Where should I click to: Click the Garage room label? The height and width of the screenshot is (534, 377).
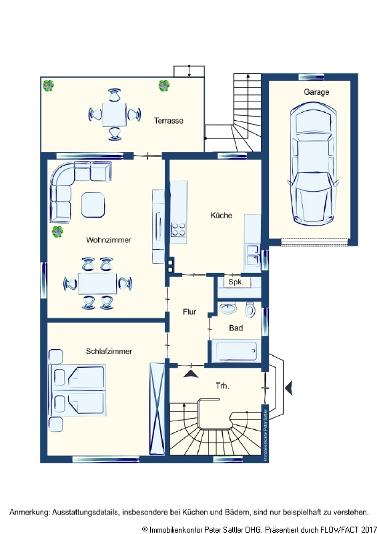(316, 92)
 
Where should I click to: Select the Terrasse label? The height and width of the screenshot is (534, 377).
(168, 121)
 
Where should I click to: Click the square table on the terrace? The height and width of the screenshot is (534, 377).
(115, 114)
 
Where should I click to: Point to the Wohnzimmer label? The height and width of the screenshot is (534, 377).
(108, 240)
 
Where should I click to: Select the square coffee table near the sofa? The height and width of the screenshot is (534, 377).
(93, 204)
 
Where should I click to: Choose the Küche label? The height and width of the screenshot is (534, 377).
(221, 216)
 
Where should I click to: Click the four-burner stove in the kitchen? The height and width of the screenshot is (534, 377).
(179, 230)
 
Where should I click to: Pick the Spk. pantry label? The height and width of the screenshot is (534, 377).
(236, 282)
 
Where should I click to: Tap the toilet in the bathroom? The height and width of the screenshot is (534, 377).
(251, 310)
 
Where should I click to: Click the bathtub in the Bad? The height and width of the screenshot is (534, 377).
(235, 350)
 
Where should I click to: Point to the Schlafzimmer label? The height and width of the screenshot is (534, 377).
(108, 351)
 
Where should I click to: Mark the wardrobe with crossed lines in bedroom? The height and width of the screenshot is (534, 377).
(157, 407)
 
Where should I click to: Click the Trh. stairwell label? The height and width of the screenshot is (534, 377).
(222, 386)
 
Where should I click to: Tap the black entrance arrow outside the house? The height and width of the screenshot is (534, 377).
(288, 386)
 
